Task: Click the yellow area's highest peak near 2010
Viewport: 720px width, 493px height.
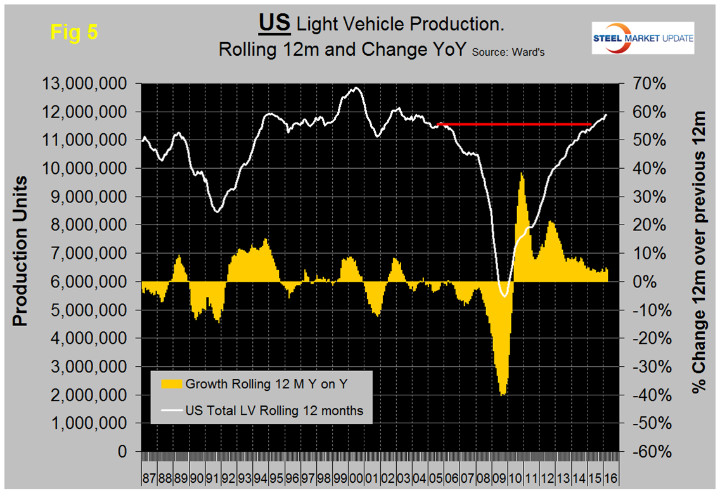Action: (522, 173)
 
